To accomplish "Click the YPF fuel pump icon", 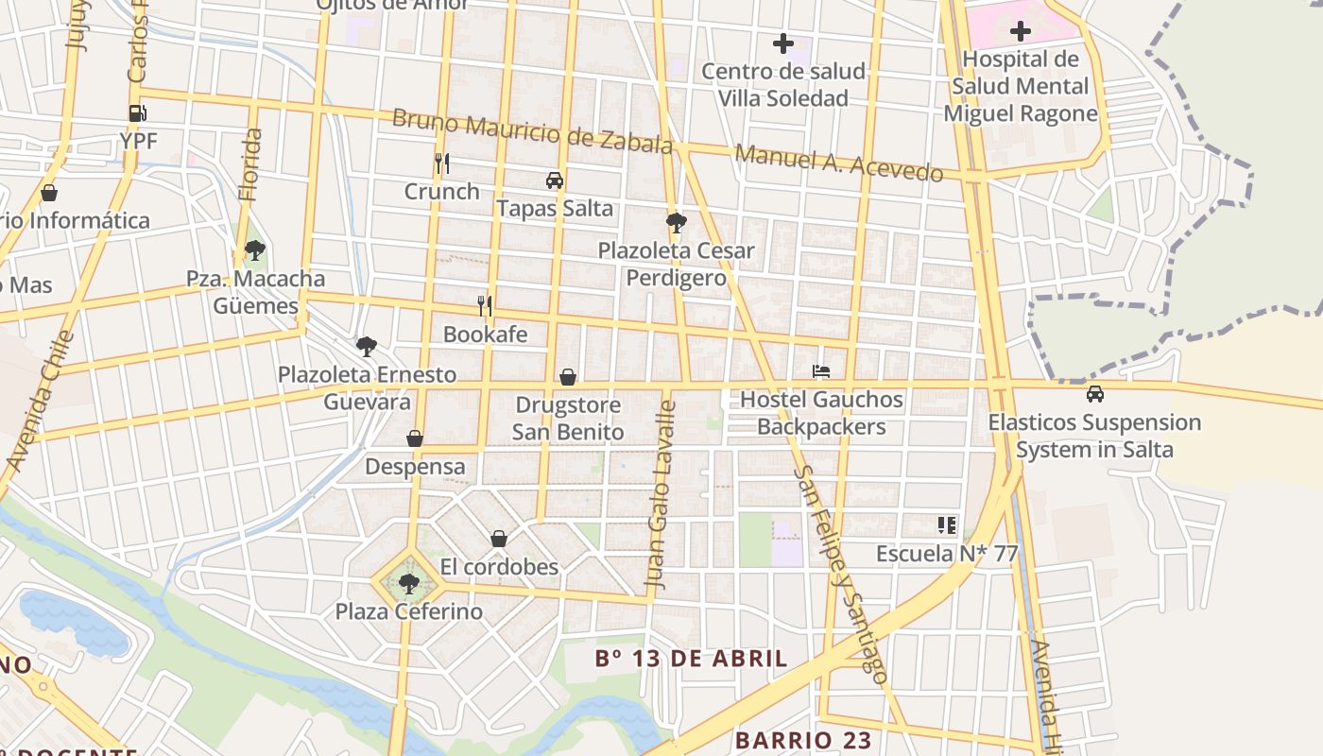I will [138, 113].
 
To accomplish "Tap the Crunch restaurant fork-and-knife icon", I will [441, 163].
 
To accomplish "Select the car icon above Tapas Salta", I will [555, 180].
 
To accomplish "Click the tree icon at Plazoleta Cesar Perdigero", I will [676, 223].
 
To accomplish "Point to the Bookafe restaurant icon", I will [485, 305].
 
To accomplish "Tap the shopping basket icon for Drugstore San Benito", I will [568, 377].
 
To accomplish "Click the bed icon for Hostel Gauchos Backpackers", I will [821, 371].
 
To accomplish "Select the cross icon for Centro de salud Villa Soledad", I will [783, 43].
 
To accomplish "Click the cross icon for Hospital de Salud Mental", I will [1021, 31].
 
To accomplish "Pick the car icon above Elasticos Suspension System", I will [1094, 394].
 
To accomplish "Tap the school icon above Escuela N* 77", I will [947, 524].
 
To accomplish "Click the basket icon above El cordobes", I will [499, 539].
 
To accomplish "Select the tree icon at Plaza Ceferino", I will [409, 583].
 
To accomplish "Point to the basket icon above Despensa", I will [415, 438].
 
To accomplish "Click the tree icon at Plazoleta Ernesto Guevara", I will [367, 346].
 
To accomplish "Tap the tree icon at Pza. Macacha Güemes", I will [254, 250].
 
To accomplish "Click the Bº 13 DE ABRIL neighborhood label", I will [692, 659].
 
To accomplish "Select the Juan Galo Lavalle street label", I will [661, 496].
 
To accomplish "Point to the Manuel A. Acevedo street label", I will [839, 163].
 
